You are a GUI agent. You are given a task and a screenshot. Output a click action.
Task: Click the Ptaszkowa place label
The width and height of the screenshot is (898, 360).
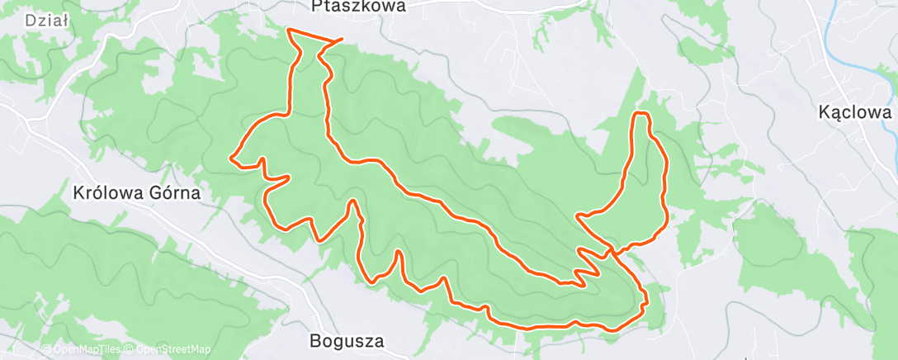point(359,7)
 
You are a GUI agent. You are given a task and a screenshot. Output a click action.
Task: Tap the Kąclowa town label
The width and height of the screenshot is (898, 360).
point(856,112)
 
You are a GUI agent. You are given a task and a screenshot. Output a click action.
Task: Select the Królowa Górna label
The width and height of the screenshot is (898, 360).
point(136,193)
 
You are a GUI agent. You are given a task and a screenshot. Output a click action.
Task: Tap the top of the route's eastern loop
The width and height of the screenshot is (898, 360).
point(641,112)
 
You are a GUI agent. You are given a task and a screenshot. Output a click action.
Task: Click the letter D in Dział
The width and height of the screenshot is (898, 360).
point(31,21)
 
